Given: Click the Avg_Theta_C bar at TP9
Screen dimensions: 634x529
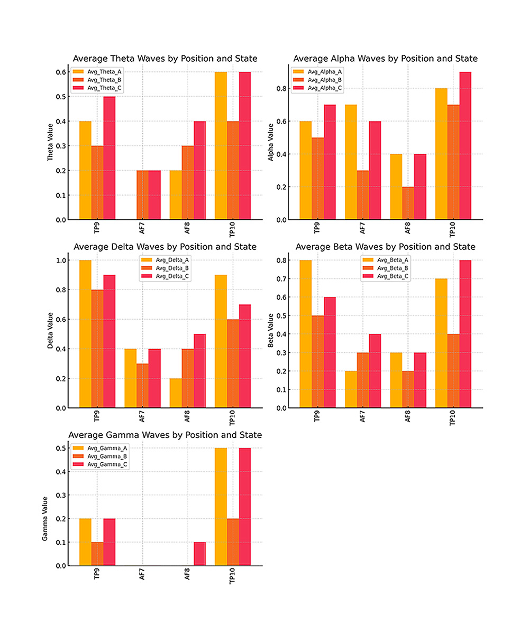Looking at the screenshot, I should coord(109,158).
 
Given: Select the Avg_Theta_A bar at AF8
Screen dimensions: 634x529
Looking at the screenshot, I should coord(176,195).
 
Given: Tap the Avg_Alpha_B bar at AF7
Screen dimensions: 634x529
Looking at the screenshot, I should coord(363,195).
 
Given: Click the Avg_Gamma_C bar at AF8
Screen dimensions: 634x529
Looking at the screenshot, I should coord(199,554).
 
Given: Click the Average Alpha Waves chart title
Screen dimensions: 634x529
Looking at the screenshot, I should coord(385,58).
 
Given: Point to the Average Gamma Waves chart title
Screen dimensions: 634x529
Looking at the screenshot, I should coord(165,435).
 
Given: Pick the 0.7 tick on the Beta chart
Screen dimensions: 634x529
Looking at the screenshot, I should coord(284,279).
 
